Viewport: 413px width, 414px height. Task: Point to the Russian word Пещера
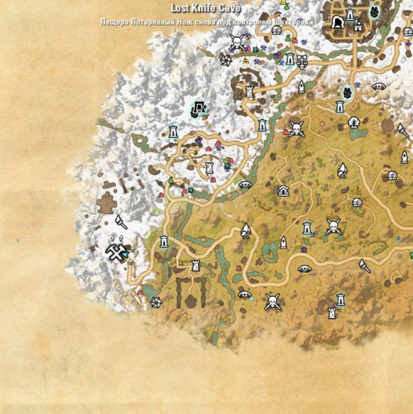tap(114, 21)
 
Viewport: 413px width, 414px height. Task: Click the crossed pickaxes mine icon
tap(114, 253)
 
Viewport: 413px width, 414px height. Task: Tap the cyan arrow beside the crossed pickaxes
tap(125, 255)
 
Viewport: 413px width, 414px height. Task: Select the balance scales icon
tap(301, 60)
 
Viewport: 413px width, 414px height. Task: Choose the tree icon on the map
tap(354, 122)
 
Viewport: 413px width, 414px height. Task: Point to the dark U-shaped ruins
tap(191, 292)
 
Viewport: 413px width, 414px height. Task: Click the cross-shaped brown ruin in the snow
tap(107, 204)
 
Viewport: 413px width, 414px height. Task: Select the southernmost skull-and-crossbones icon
tap(272, 301)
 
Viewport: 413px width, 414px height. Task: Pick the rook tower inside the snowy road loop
tap(209, 167)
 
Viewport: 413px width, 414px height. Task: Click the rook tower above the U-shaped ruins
tap(197, 264)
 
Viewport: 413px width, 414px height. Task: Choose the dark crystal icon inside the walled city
tap(374, 12)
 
